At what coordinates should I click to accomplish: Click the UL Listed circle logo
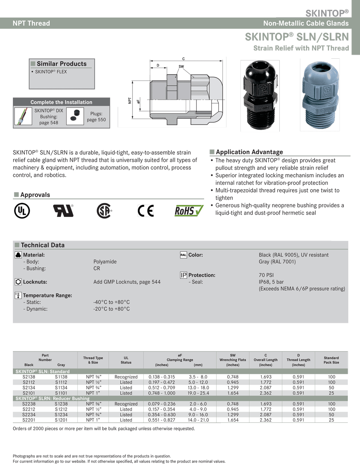pyautogui.click(x=22, y=210)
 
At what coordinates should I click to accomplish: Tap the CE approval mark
pyautogui.click(x=146, y=210)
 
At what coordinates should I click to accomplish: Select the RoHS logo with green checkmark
pyautogui.click(x=189, y=210)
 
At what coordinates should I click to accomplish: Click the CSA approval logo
pyautogui.click(x=104, y=210)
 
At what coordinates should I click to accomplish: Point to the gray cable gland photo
pyautogui.click(x=320, y=95)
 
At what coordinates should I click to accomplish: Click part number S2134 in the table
pyautogui.click(x=29, y=388)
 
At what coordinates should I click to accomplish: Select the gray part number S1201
pyautogui.click(x=61, y=420)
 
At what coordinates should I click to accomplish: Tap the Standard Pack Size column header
pyautogui.click(x=331, y=360)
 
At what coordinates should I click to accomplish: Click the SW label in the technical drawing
pyautogui.click(x=181, y=67)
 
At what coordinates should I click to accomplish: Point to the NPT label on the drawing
pyautogui.click(x=130, y=100)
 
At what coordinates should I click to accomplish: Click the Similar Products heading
pyautogui.click(x=62, y=64)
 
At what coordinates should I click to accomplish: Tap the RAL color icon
pyautogui.click(x=183, y=255)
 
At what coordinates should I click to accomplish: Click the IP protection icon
pyautogui.click(x=183, y=275)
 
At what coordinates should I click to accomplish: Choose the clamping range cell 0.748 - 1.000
pyautogui.click(x=162, y=393)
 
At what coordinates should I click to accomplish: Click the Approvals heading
pyautogui.click(x=35, y=195)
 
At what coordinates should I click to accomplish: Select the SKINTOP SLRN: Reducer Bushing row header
pyautogui.click(x=53, y=399)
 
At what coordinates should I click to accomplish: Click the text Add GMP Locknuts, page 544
pyautogui.click(x=127, y=282)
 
